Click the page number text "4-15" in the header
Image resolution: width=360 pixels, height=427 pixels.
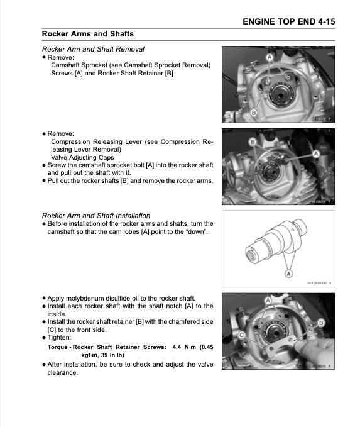click(x=323, y=21)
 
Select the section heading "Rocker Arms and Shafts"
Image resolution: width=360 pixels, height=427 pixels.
click(x=87, y=34)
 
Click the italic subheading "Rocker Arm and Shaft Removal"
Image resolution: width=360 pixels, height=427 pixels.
click(x=93, y=48)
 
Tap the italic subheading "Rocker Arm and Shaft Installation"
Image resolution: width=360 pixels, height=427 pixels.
click(x=96, y=215)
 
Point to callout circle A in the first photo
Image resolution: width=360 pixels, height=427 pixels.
click(x=270, y=57)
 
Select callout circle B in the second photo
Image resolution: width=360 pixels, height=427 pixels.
click(x=253, y=143)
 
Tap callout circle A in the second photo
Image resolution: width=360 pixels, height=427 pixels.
click(x=317, y=153)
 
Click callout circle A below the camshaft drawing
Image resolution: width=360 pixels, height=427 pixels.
click(x=288, y=274)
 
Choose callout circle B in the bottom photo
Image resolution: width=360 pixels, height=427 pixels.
click(x=322, y=322)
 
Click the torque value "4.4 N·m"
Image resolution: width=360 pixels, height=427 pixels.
click(x=183, y=346)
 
